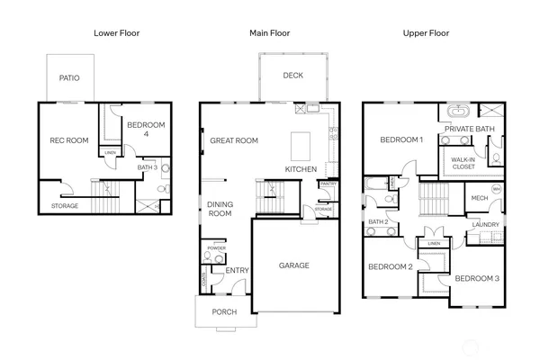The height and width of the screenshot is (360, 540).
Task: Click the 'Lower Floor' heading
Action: point(117,33)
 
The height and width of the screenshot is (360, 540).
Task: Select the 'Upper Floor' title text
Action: point(426,33)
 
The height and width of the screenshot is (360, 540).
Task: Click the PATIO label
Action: point(69,78)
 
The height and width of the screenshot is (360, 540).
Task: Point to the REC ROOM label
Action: point(68,140)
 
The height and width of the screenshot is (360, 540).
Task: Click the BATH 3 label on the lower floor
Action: point(148,167)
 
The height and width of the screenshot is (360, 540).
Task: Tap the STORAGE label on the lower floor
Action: point(64,206)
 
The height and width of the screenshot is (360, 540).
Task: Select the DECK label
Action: point(292,76)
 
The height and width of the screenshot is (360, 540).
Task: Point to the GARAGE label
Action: point(293,265)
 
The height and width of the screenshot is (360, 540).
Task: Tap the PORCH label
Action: point(224,312)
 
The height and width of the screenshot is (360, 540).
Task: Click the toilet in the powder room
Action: point(208,257)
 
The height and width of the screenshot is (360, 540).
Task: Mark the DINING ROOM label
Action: point(220,210)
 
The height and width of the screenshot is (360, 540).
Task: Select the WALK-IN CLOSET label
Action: point(463,163)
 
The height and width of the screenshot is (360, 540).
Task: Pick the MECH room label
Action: point(478,199)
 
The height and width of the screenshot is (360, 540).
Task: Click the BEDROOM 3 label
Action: point(475,279)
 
